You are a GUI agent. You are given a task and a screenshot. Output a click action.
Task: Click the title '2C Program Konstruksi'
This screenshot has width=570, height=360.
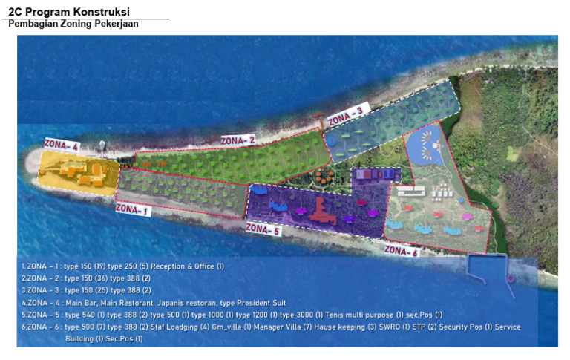point(69,12)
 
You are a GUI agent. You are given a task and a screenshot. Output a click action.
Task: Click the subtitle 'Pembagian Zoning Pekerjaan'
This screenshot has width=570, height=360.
point(73,24)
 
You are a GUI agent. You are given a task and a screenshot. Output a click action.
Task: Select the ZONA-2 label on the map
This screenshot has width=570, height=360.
point(237,139)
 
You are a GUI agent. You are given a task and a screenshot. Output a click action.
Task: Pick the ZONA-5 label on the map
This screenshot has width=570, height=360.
point(262,229)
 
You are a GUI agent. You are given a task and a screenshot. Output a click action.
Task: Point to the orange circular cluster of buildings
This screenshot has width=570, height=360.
point(321,177)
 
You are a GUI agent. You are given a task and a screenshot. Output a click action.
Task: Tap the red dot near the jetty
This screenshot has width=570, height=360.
point(511,279)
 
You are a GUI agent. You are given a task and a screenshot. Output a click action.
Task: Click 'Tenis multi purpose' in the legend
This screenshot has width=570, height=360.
point(366,315)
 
